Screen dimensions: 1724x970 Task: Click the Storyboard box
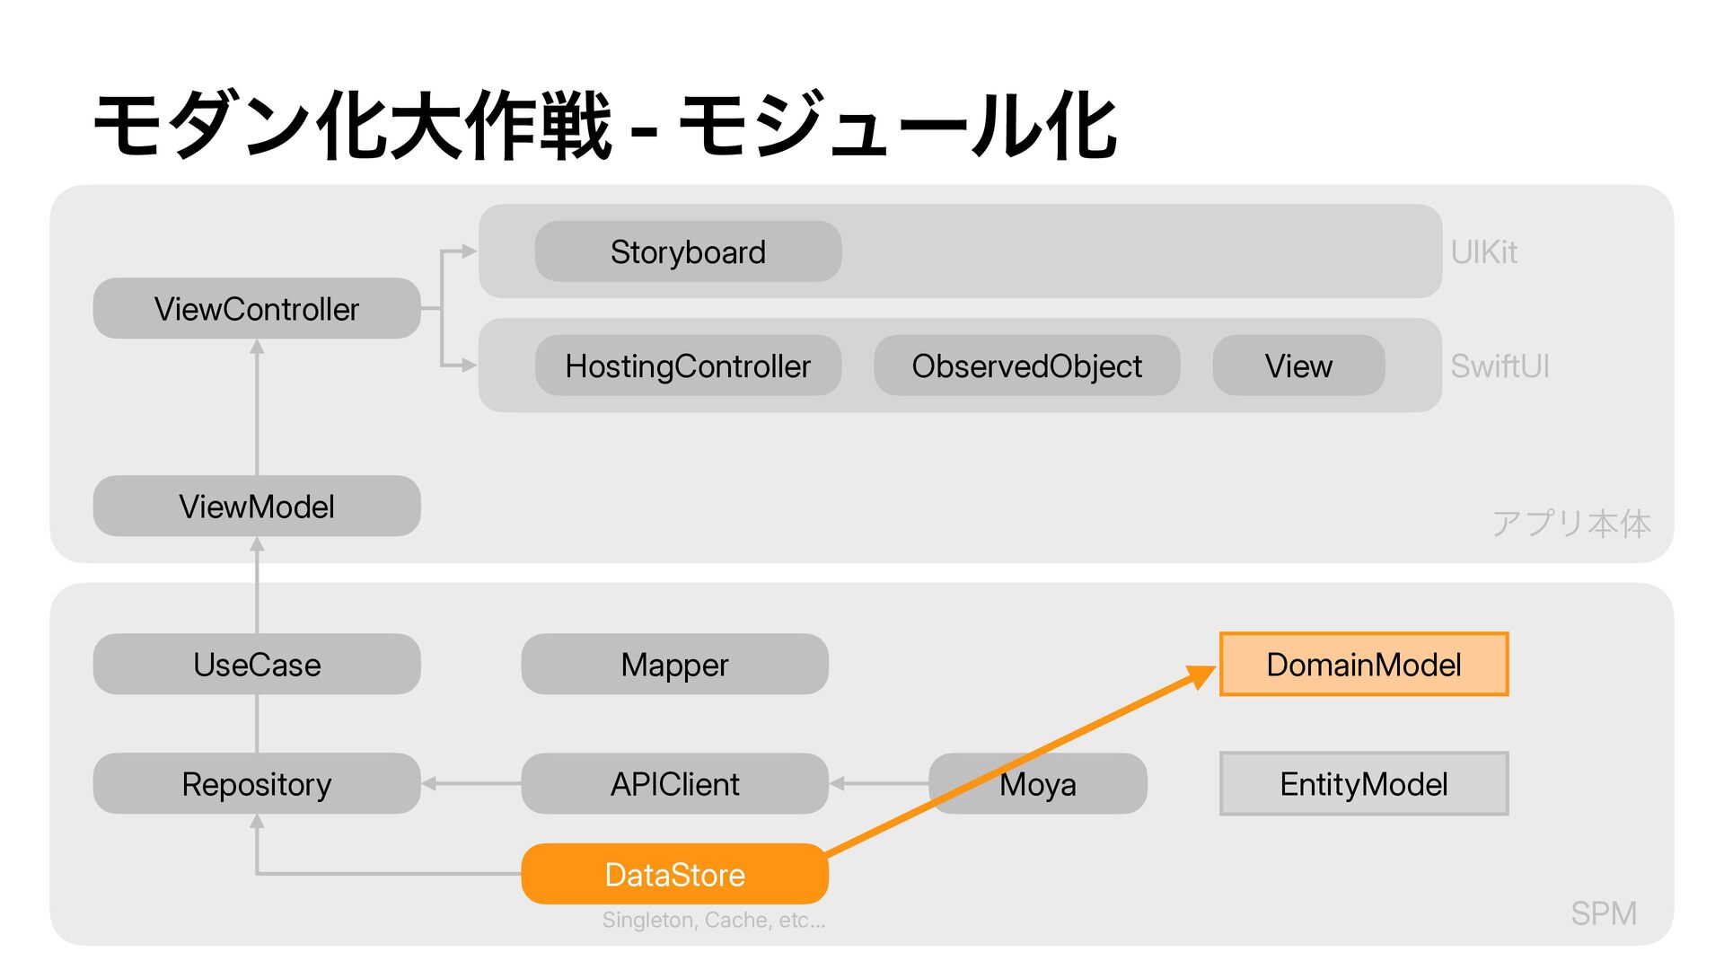click(x=688, y=251)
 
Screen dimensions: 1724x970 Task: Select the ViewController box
click(x=257, y=308)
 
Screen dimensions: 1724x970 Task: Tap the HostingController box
click(x=688, y=366)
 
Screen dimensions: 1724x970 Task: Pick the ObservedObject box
click(x=1026, y=366)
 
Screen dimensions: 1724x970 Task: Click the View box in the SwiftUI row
click(x=1298, y=366)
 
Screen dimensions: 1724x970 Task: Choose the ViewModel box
click(x=257, y=506)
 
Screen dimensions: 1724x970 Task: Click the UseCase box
click(x=257, y=664)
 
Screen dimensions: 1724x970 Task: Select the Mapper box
click(x=674, y=664)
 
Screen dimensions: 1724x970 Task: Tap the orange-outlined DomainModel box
click(x=1364, y=664)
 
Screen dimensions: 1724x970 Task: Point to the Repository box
click(x=257, y=783)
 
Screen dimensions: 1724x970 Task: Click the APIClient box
click(x=674, y=783)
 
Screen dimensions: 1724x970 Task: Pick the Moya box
click(x=1038, y=783)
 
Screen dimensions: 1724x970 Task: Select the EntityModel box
click(x=1364, y=783)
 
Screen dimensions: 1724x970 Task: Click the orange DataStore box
click(x=674, y=874)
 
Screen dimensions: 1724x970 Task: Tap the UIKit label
click(x=1484, y=252)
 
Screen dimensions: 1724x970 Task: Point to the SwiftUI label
click(x=1500, y=366)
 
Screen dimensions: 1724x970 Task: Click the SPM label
click(x=1604, y=913)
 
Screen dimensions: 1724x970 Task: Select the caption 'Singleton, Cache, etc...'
click(x=714, y=920)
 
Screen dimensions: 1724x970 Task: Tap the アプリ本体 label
click(x=1571, y=523)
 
